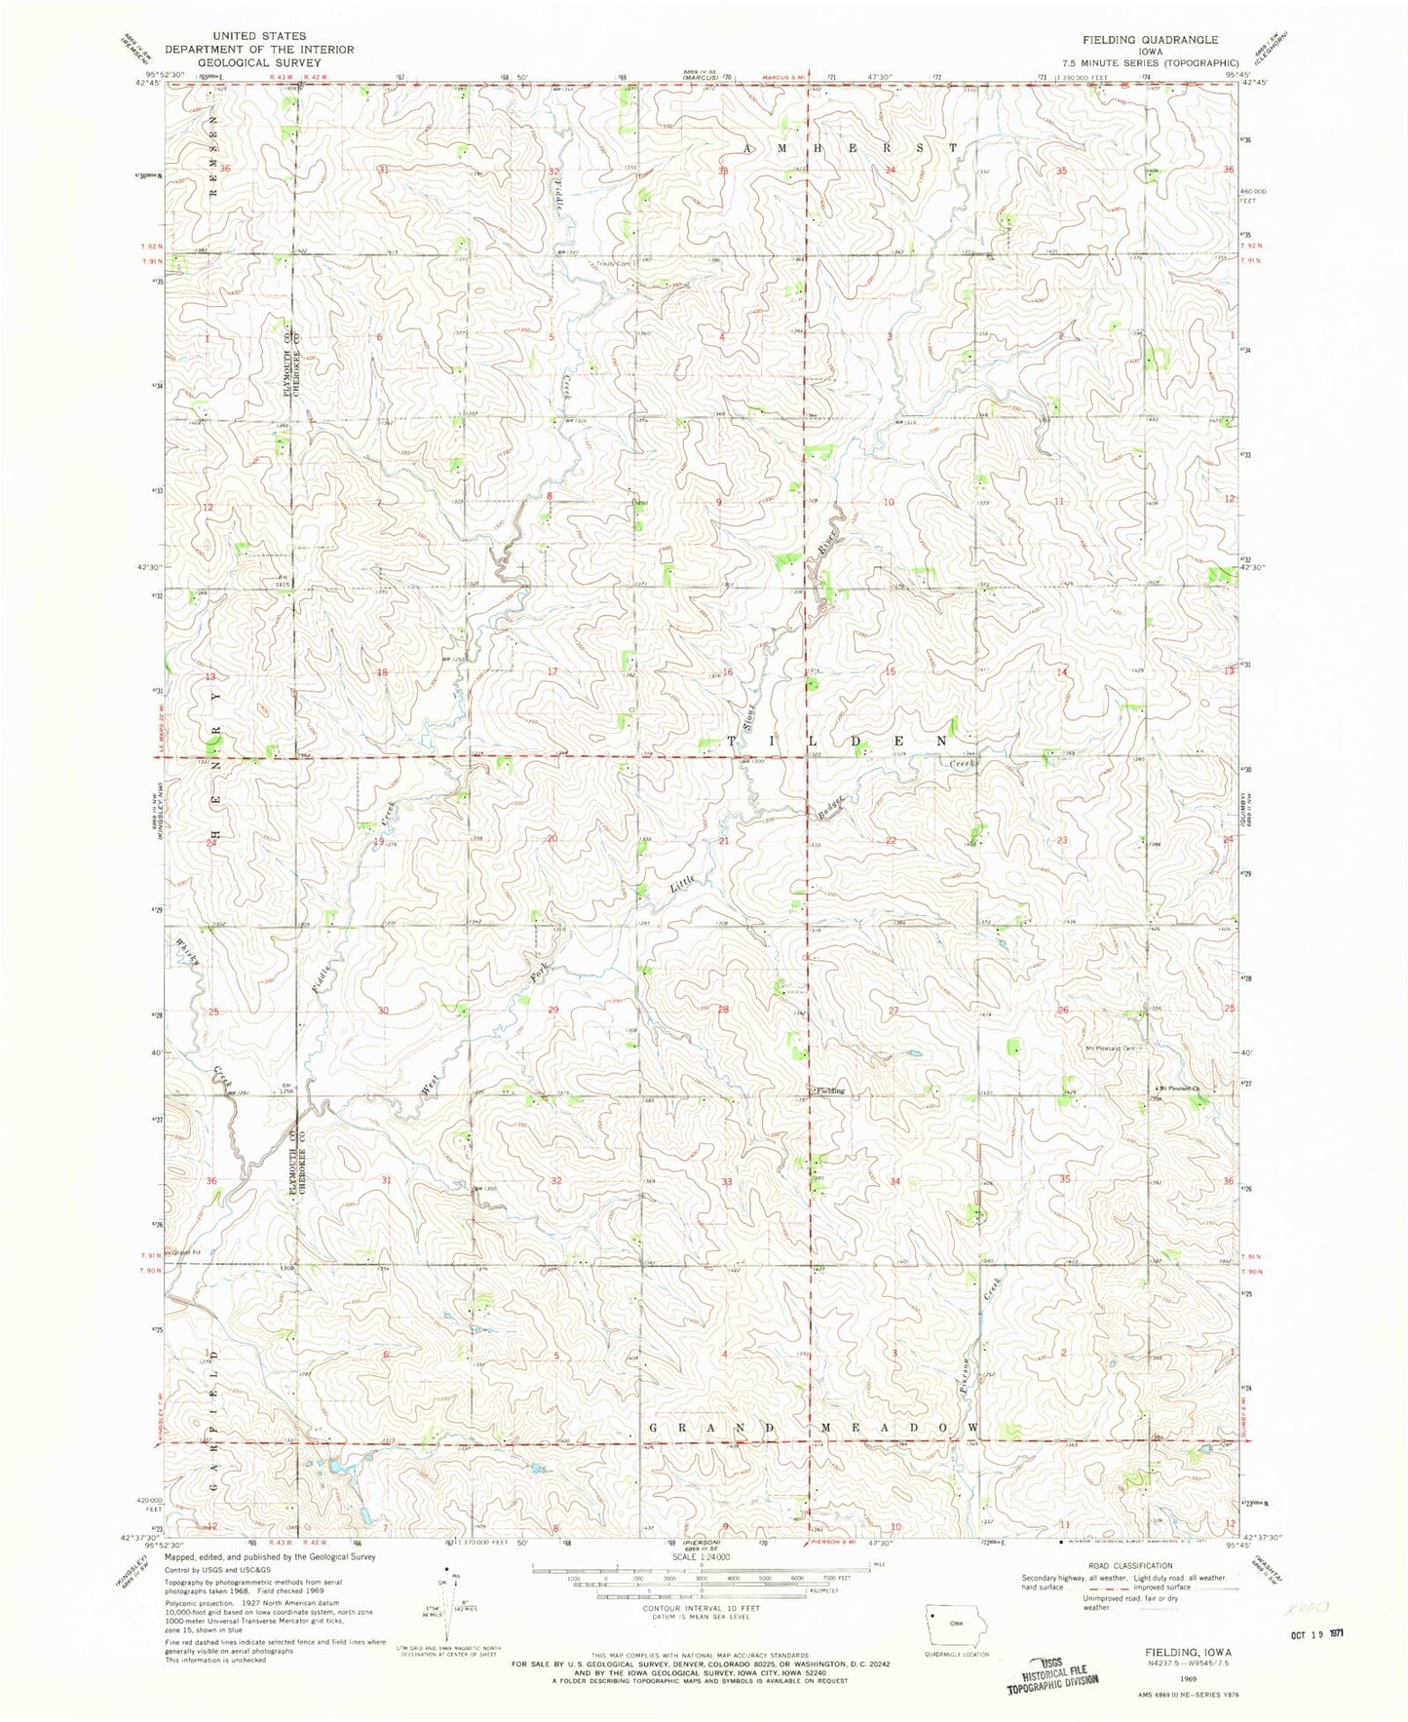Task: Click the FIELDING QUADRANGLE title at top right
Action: coord(1136,40)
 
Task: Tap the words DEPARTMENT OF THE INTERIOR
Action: coord(259,49)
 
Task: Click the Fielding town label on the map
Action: coord(829,1091)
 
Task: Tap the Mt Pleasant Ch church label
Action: coord(1180,1089)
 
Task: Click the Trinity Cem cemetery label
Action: coord(615,263)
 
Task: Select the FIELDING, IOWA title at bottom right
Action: coord(1185,1653)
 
